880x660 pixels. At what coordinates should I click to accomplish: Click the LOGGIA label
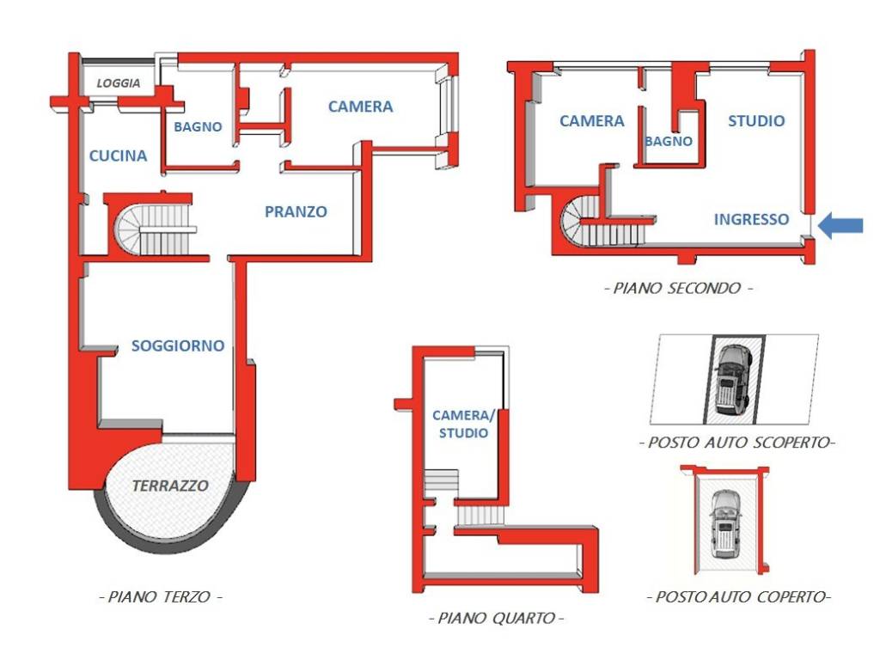(119, 83)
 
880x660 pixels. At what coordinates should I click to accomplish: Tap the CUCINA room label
(118, 156)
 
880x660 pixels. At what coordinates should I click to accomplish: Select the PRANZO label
(296, 211)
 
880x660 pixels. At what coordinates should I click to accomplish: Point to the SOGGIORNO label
(178, 345)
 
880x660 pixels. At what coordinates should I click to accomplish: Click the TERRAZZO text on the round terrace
(170, 486)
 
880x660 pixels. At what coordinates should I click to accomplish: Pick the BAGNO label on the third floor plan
(198, 127)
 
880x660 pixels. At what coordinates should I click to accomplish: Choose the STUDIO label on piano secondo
(756, 120)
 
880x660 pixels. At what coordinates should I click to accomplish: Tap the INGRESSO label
(751, 219)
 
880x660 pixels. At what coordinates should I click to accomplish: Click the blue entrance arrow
(840, 226)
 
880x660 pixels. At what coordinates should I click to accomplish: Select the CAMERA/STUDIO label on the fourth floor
(463, 425)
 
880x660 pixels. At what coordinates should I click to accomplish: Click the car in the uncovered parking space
(733, 379)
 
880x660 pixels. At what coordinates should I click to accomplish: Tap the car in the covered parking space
(725, 524)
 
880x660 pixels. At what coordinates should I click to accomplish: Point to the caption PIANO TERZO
(161, 596)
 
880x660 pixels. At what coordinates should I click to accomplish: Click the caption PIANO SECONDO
(679, 289)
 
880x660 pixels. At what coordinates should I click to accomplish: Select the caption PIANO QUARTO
(497, 619)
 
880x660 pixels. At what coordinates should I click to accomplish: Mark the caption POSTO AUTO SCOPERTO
(736, 443)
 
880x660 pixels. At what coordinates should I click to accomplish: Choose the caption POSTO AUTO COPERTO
(738, 596)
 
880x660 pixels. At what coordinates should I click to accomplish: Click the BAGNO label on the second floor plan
(668, 142)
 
